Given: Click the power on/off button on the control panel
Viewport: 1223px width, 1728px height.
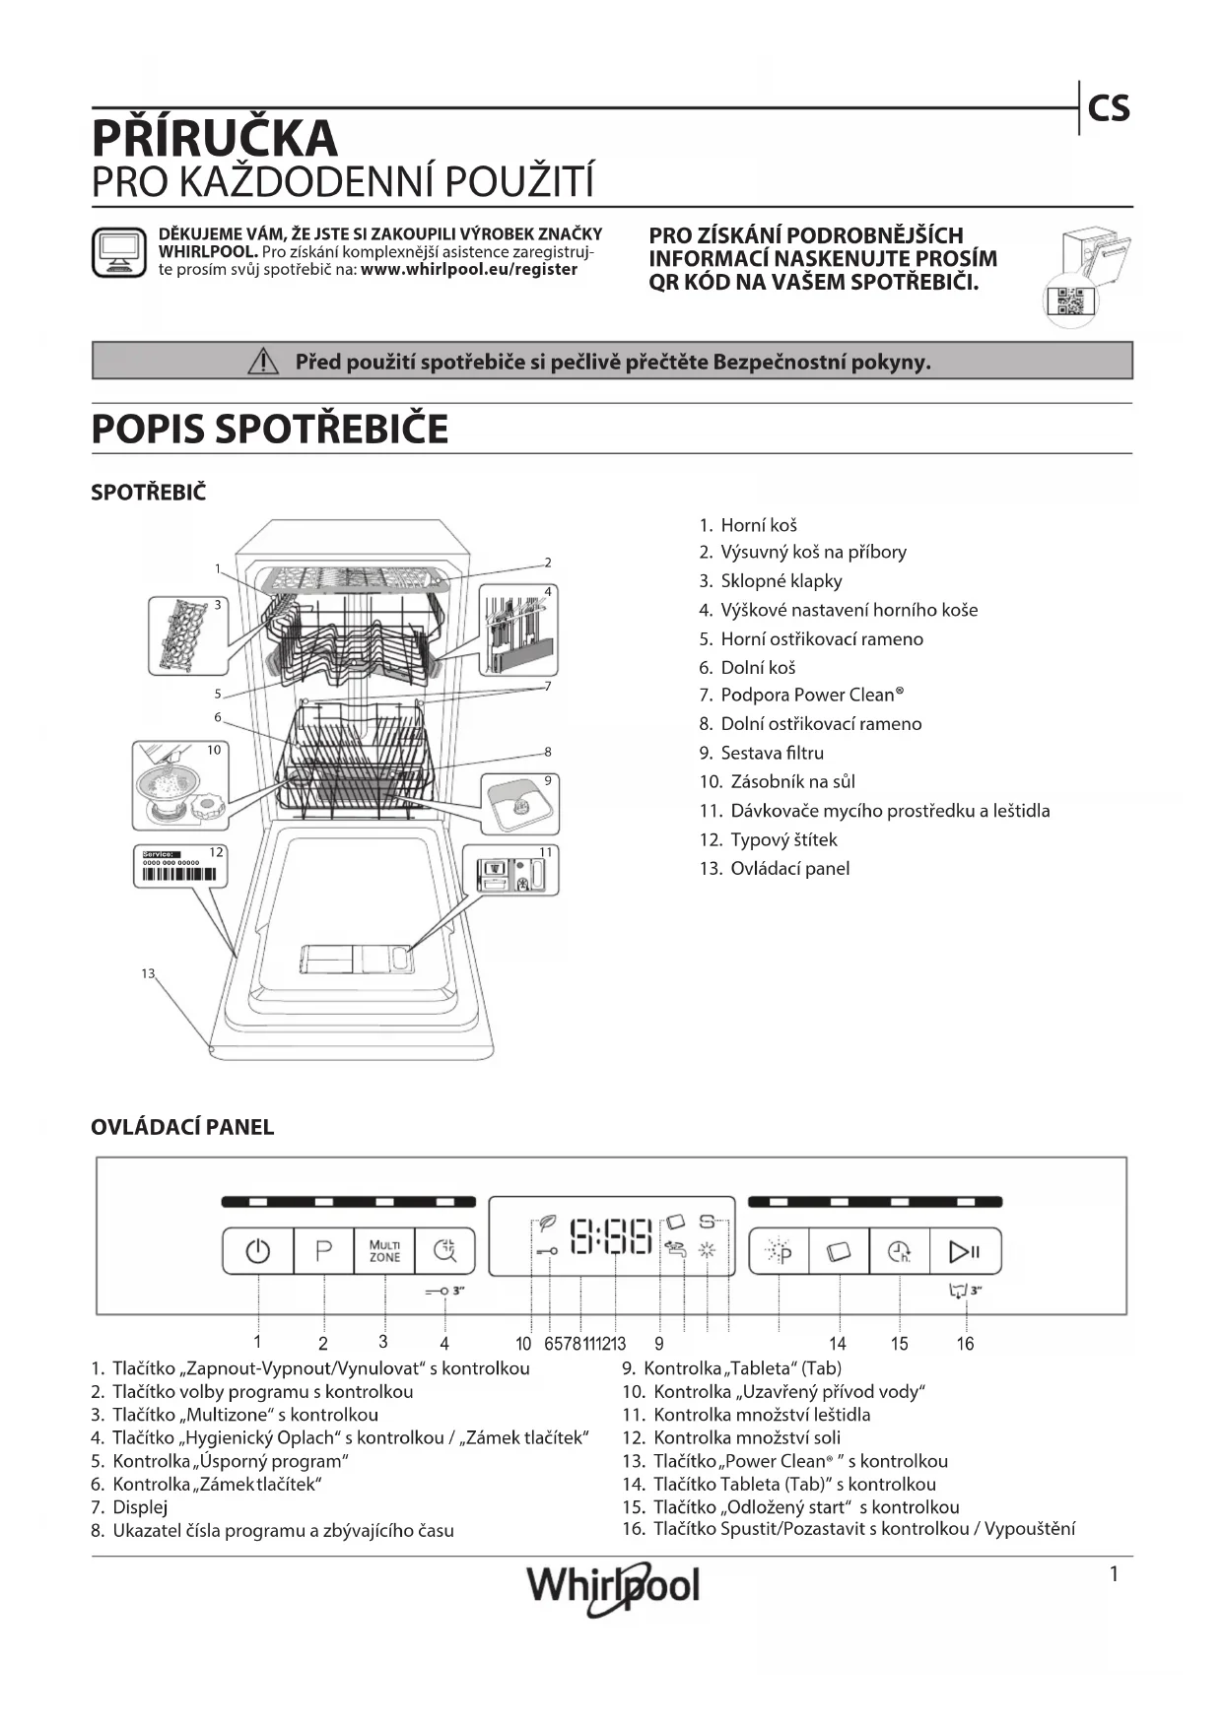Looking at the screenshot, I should click(x=258, y=1251).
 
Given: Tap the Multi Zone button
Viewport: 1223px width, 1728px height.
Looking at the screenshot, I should click(x=384, y=1251).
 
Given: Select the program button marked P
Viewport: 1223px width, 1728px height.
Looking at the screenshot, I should click(x=323, y=1251).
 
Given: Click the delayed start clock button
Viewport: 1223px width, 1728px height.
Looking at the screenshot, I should click(x=900, y=1251).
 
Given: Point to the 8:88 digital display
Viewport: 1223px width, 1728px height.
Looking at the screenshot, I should click(x=612, y=1236).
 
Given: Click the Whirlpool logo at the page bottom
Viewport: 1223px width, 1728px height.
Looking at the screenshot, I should click(x=613, y=1586).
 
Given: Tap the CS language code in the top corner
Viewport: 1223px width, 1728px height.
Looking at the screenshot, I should click(x=1109, y=108).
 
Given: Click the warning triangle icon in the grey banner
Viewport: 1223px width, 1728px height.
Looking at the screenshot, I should click(x=263, y=363).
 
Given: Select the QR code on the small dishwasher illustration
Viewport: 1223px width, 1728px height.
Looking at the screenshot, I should click(x=1069, y=301).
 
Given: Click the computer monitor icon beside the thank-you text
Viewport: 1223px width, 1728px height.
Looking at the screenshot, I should click(x=118, y=253).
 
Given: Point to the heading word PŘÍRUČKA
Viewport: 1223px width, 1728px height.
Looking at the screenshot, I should click(x=215, y=139).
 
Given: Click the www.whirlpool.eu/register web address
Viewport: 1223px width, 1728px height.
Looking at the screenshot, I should click(x=469, y=269).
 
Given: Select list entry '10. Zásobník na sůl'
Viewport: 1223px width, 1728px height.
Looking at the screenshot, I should click(x=778, y=781).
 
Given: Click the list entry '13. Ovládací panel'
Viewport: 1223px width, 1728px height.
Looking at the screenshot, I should click(x=775, y=868).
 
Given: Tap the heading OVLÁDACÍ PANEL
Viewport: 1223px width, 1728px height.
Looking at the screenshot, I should click(x=182, y=1127).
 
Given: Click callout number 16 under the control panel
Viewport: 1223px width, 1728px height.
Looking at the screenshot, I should click(x=965, y=1343).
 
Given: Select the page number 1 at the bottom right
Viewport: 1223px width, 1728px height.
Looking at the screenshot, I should click(x=1115, y=1573).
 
